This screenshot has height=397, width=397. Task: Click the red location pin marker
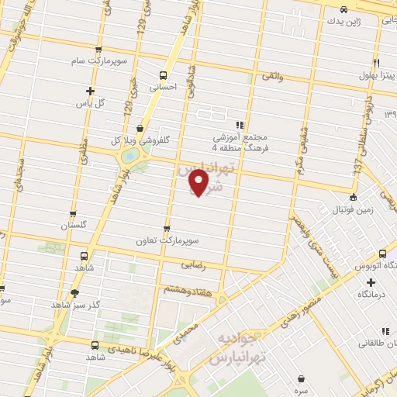coord(199,182)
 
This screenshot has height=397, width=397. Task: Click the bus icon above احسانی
coord(163,76)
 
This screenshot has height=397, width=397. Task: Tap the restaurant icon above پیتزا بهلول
coord(376,63)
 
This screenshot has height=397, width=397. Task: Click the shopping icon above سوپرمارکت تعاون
coord(167,228)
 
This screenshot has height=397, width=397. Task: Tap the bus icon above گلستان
coord(73,214)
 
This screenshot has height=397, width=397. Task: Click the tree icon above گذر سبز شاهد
coord(74,293)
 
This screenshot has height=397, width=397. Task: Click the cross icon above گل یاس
coord(91,91)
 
